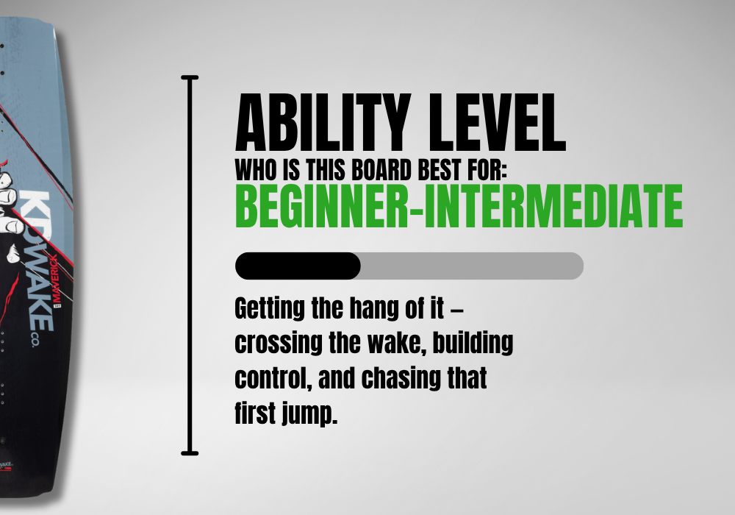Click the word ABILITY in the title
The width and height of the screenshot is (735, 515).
click(323, 122)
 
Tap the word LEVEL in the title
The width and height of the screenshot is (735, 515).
click(498, 122)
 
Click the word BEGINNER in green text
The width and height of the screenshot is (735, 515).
click(322, 206)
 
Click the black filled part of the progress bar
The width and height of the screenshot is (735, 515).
click(298, 266)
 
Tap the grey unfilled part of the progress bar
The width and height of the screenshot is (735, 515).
click(472, 266)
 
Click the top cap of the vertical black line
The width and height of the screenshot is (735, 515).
click(190, 77)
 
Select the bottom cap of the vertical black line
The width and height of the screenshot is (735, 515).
click(190, 453)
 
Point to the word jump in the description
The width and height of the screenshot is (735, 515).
click(310, 413)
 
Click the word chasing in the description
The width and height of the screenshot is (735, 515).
click(401, 379)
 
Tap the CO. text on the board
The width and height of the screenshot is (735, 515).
click(35, 340)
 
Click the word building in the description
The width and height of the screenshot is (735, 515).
click(473, 344)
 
